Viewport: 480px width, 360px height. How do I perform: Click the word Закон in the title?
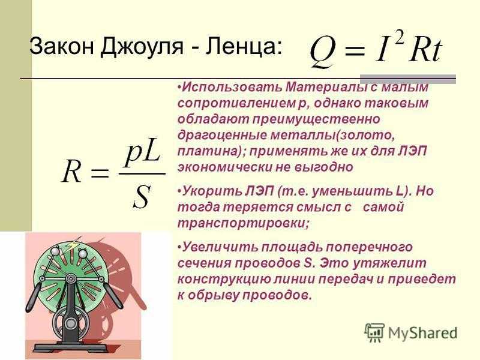[x=61, y=46]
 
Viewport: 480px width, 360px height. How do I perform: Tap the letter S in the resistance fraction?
[x=142, y=197]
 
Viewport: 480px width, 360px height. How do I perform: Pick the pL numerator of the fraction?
[x=143, y=157]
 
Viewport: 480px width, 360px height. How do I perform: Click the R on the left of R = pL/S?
[x=72, y=171]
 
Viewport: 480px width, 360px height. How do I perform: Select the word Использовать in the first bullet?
[x=232, y=87]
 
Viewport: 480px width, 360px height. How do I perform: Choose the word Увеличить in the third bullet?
[x=220, y=247]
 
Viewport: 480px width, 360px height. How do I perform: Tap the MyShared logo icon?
[x=374, y=332]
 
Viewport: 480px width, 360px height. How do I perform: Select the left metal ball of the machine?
[x=55, y=251]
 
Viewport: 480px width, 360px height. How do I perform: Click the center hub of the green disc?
[x=71, y=278]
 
